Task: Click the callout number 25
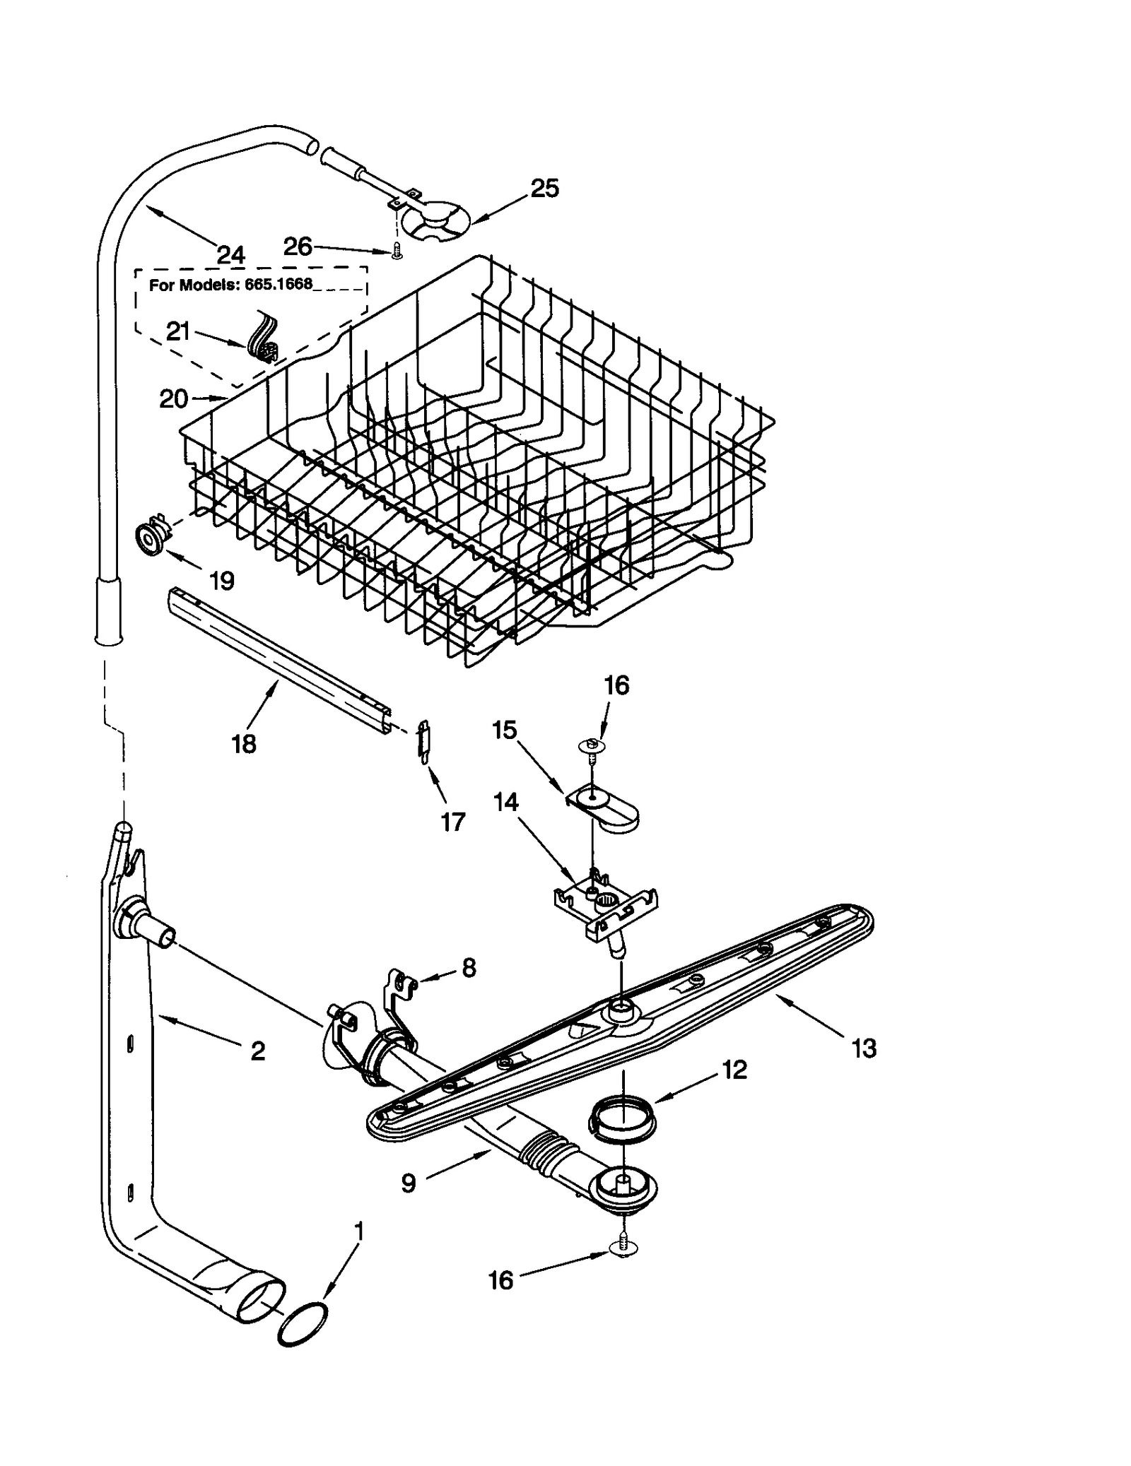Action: click(544, 189)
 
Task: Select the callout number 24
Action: click(230, 254)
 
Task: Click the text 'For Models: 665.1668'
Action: click(230, 285)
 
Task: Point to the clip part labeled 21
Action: click(264, 339)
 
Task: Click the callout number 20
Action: click(173, 399)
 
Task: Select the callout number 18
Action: click(244, 744)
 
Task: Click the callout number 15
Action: click(505, 730)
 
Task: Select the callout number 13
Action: click(864, 1048)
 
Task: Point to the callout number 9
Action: click(409, 1183)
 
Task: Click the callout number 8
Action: click(469, 967)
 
